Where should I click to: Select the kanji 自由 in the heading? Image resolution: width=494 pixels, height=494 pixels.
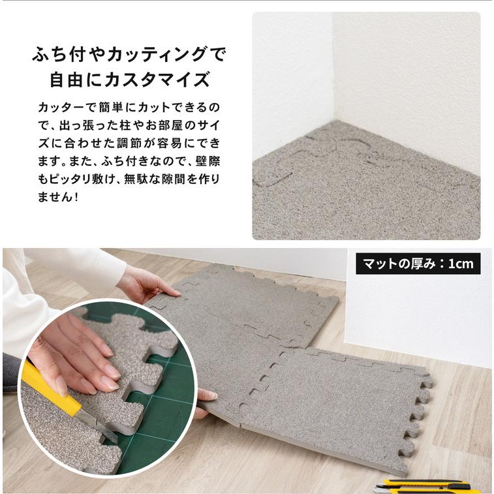click(66, 80)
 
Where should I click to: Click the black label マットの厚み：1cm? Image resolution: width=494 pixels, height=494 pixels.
click(418, 264)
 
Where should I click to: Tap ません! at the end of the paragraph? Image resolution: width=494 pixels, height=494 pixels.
click(57, 197)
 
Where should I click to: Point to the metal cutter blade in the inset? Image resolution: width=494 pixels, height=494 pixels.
click(99, 426)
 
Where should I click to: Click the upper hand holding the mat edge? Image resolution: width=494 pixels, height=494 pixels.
click(148, 284)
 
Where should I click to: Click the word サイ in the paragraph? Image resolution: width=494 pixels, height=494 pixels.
click(209, 126)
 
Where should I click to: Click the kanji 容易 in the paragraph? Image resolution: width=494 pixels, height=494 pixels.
click(170, 144)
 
